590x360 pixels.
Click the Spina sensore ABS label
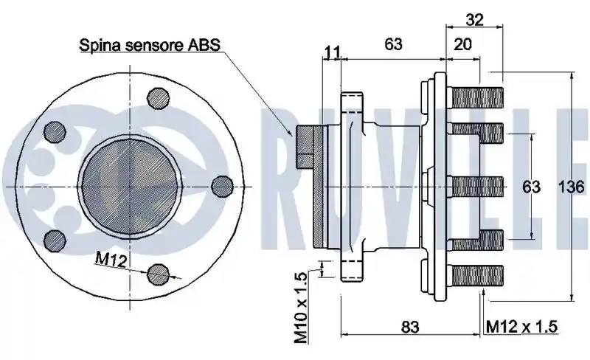coord(150,45)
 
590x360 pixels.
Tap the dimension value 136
coord(571,187)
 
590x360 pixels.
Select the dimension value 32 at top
coord(474,19)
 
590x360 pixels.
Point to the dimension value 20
coord(462,44)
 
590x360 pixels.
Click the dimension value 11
coord(332,52)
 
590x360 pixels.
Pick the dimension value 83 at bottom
coord(410,327)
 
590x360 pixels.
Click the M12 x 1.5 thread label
coord(521,327)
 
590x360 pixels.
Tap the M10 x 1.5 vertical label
coord(301,308)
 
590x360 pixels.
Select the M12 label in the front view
coord(111,260)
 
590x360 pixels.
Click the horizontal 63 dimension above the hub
coord(393,44)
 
